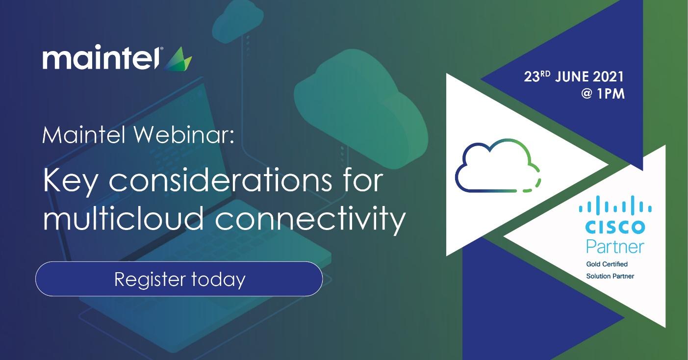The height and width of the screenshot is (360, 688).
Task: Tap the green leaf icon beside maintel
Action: pos(178,59)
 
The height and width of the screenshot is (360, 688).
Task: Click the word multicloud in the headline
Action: pos(124,217)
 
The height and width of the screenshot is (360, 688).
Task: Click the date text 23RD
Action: pos(537,77)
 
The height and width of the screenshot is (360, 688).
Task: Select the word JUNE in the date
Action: pos(572,77)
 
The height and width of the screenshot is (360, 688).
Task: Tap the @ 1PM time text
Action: pos(603,94)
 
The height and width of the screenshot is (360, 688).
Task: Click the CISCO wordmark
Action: pos(615,227)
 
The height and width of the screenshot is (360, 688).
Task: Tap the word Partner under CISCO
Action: pos(615,247)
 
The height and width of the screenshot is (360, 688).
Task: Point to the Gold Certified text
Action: pos(607,264)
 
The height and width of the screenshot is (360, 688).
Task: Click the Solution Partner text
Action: pos(610,276)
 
